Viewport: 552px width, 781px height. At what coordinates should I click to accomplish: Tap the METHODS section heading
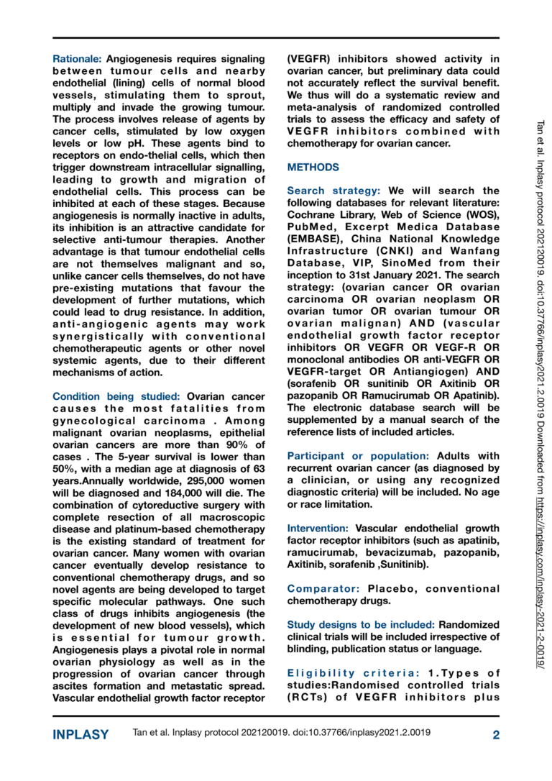click(313, 168)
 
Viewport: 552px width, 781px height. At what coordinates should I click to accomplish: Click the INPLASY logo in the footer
click(81, 734)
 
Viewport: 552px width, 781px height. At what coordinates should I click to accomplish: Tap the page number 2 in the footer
click(496, 734)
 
